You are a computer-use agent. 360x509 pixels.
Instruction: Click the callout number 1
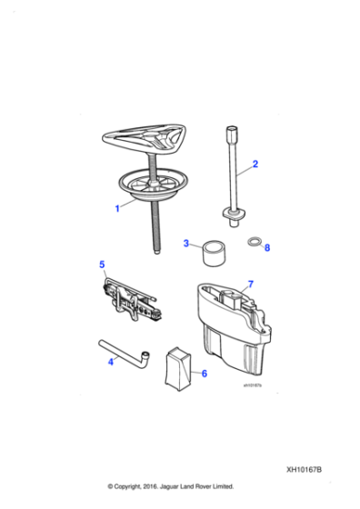[116, 208]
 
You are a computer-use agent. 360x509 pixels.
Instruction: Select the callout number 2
[255, 165]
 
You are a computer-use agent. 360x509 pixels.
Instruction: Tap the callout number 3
[185, 244]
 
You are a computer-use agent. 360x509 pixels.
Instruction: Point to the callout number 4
[111, 361]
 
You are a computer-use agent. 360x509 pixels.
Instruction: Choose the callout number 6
[204, 374]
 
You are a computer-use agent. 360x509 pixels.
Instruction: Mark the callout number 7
[252, 284]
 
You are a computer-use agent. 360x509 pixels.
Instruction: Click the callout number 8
[266, 247]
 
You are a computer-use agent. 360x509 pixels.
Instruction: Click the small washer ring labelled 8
[255, 243]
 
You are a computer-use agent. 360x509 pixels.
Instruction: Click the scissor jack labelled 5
[131, 301]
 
